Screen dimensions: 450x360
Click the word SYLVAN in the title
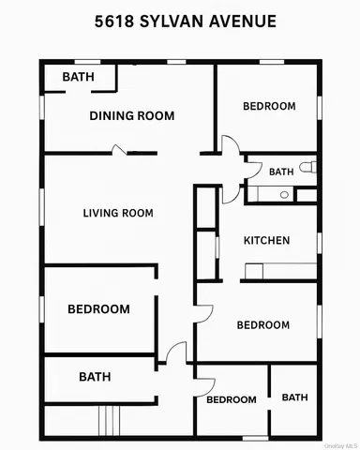181,21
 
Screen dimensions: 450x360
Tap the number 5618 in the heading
113,21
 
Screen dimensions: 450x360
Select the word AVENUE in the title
247,21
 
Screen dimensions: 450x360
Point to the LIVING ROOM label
118,214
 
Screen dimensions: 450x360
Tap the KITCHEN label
266,241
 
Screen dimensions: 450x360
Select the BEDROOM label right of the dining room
269,107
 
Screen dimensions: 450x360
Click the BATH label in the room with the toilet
281,172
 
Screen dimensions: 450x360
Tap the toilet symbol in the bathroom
311,168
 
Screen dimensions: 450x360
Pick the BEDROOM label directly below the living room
97,308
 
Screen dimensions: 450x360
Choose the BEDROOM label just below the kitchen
262,325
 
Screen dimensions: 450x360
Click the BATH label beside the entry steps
94,377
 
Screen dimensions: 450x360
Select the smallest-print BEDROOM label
231,399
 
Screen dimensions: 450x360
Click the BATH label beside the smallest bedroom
294,397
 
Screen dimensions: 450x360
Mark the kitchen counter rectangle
280,272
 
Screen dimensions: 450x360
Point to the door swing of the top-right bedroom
229,145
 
